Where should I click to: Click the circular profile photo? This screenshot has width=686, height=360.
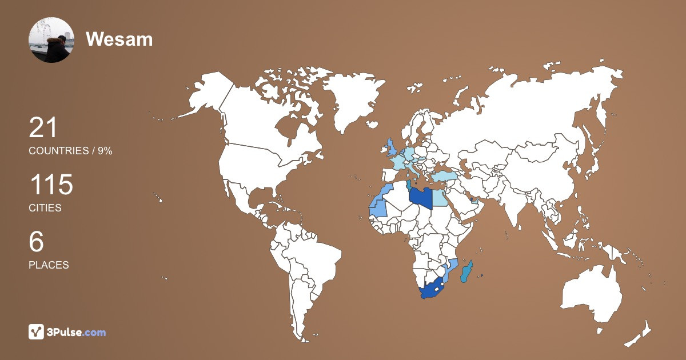coord(51,40)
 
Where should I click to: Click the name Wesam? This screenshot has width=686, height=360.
coord(119,39)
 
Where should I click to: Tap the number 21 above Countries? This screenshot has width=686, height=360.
coord(43,127)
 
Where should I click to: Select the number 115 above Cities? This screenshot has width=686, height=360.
coord(51,185)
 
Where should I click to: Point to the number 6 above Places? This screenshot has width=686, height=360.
coord(36,242)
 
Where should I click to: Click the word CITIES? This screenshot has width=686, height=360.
coord(45,208)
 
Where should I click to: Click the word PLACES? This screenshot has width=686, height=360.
coord(49,265)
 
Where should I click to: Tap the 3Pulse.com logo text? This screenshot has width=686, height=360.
coord(77,332)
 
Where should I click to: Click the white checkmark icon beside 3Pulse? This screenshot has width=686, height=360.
coord(37,332)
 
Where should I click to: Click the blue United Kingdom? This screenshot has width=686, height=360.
coord(392,147)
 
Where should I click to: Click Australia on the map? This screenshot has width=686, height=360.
coord(592,291)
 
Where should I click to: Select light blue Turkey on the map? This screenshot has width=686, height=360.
coord(445,177)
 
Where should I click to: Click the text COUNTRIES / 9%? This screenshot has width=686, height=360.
coord(70,151)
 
